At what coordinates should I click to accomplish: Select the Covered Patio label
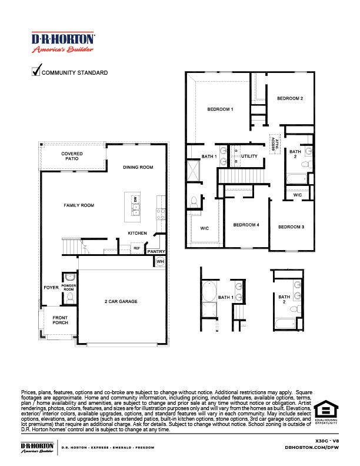click(72, 156)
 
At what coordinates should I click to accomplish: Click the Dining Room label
click(138, 168)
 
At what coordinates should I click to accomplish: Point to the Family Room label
click(79, 205)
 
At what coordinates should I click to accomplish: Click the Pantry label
click(156, 251)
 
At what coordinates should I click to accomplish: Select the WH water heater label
click(159, 261)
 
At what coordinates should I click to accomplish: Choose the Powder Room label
click(69, 288)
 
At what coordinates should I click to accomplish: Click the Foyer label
click(51, 288)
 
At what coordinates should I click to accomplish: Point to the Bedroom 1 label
click(221, 109)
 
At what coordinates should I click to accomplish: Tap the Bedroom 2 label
click(290, 98)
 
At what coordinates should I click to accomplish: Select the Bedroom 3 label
click(291, 227)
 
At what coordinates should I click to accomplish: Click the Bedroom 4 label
click(246, 225)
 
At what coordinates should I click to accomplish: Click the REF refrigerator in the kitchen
click(136, 248)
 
